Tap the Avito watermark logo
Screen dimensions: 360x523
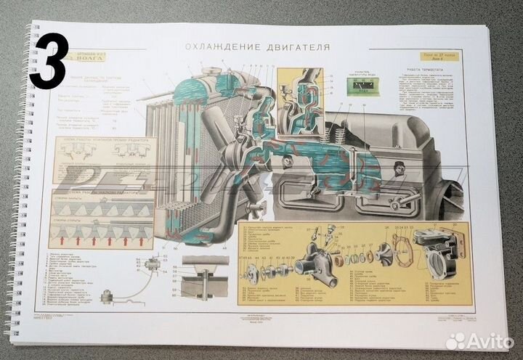(479, 340)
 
